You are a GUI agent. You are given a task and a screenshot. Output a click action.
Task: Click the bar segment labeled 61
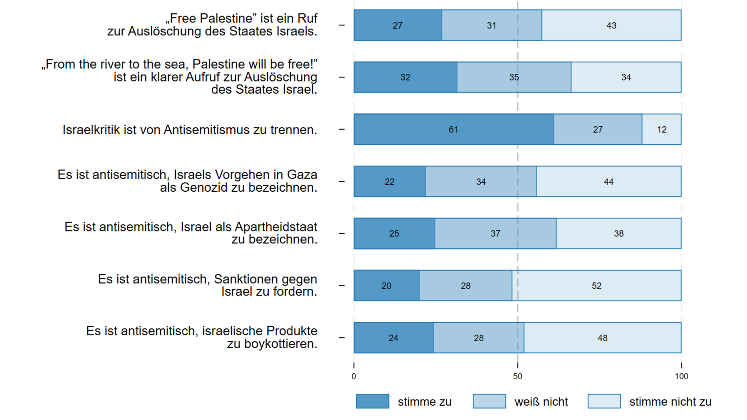pos(454,129)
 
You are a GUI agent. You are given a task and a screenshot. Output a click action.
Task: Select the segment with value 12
pos(661,129)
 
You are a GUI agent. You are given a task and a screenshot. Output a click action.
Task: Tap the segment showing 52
pos(596,286)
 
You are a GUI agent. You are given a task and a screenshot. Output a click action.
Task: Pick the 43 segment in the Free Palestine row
pos(611,25)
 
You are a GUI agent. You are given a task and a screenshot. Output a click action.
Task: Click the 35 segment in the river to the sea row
pos(514,77)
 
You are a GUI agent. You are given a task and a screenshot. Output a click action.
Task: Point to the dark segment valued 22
pos(390,182)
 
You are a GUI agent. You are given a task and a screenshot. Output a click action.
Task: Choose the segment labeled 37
pos(496,234)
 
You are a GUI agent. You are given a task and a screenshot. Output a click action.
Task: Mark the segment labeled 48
pos(602,338)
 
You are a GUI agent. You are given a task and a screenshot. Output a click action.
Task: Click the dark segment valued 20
pos(387,286)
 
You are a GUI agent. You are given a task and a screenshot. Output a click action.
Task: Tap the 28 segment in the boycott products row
pos(479,338)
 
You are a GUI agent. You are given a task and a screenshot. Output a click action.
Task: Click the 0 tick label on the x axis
pos(354,376)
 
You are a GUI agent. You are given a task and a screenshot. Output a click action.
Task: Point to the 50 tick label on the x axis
pos(518,376)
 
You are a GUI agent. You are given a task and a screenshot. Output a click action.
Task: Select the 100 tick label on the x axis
pos(681,376)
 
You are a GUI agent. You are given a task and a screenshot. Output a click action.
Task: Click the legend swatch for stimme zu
pos(372,401)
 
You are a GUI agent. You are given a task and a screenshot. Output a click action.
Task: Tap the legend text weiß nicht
pos(541,402)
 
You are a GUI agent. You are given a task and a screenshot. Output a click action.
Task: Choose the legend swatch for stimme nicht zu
pos(604,401)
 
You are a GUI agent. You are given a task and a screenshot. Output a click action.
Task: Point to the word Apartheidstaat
pos(276,227)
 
